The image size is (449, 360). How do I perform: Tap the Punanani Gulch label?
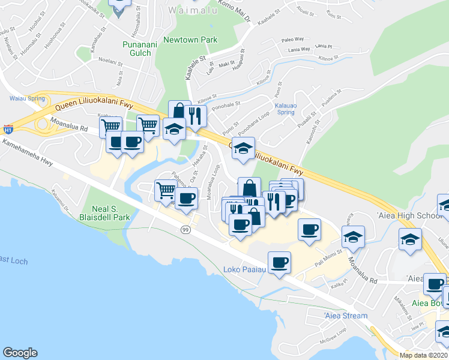(140, 48)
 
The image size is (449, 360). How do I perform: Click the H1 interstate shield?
(8, 129)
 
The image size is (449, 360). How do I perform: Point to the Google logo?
(19, 353)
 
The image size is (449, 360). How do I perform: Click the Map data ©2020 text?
(423, 356)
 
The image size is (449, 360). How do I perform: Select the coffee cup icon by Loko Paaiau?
(279, 263)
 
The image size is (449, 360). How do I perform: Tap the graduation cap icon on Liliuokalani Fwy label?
(243, 148)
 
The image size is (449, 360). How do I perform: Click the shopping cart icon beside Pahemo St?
(166, 191)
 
